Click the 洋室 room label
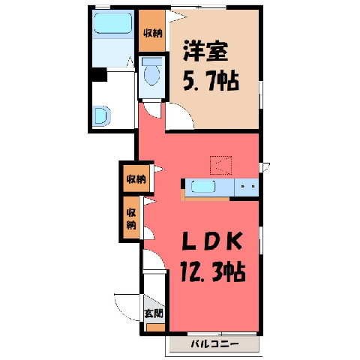pos(205,51)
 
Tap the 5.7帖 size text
pos(211,81)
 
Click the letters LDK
pos(212,241)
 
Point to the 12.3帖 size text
pos(212,271)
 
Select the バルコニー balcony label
pos(214,344)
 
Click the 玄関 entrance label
pos(154,313)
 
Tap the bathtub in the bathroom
pos(113,23)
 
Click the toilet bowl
pos(152,73)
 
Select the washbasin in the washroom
pos(102,116)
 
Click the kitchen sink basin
pos(203,187)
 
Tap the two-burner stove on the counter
pos(247,187)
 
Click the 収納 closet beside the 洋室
pos(152,31)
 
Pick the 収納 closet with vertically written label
pos(132,217)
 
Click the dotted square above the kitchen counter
pos(221,165)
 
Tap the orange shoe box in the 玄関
pos(155,328)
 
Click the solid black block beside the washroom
pos(99,74)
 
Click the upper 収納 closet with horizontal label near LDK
pos(136,178)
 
